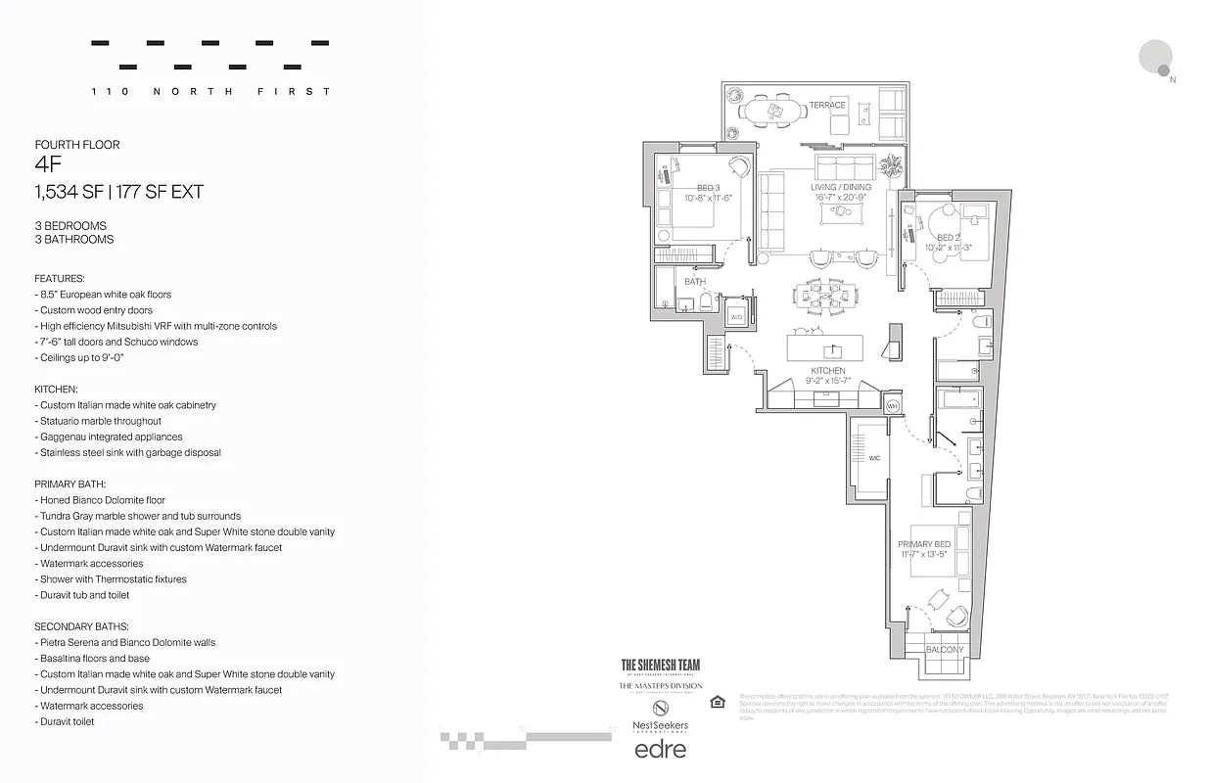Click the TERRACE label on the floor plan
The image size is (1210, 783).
point(827,105)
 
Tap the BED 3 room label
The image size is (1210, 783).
point(709,188)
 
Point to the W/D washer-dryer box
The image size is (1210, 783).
point(736,316)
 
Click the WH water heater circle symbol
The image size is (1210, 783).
point(892,405)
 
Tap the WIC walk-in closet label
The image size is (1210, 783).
point(874,458)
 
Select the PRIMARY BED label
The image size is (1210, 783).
point(924,544)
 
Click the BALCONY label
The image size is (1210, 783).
point(944,649)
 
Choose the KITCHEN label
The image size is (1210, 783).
point(828,371)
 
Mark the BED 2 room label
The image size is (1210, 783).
point(949,238)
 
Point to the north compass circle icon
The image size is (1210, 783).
point(1156,56)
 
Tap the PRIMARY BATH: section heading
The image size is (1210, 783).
point(70,484)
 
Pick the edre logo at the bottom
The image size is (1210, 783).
point(661,750)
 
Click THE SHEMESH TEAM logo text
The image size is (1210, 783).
point(661,665)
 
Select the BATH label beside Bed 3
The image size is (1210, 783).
point(695,282)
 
